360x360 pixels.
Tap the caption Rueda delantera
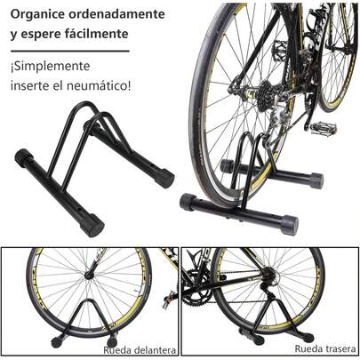tap(139, 350)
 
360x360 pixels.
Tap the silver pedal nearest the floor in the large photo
tap(323, 129)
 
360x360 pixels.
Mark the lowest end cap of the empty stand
tap(91, 225)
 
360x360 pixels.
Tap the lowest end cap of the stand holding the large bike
tap(289, 222)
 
